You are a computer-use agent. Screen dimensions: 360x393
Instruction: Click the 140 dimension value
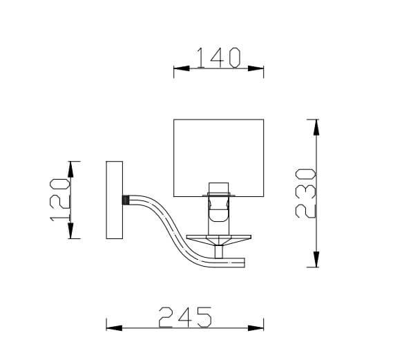tap(218, 57)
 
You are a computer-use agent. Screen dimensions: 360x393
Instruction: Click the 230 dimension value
tap(306, 193)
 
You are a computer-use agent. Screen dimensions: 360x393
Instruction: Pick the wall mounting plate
tap(114, 200)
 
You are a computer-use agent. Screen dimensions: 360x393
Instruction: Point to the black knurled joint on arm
tap(125, 200)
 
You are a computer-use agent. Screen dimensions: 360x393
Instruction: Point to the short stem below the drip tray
tap(219, 252)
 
